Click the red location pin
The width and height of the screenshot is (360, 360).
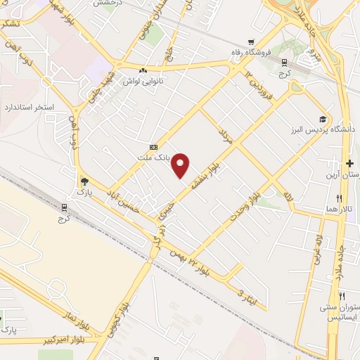[x=181, y=164]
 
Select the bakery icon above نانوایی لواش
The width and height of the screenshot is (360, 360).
[x=143, y=70]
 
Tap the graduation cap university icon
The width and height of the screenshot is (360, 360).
[x=323, y=120]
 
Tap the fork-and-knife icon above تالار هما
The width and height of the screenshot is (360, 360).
[x=340, y=198]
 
